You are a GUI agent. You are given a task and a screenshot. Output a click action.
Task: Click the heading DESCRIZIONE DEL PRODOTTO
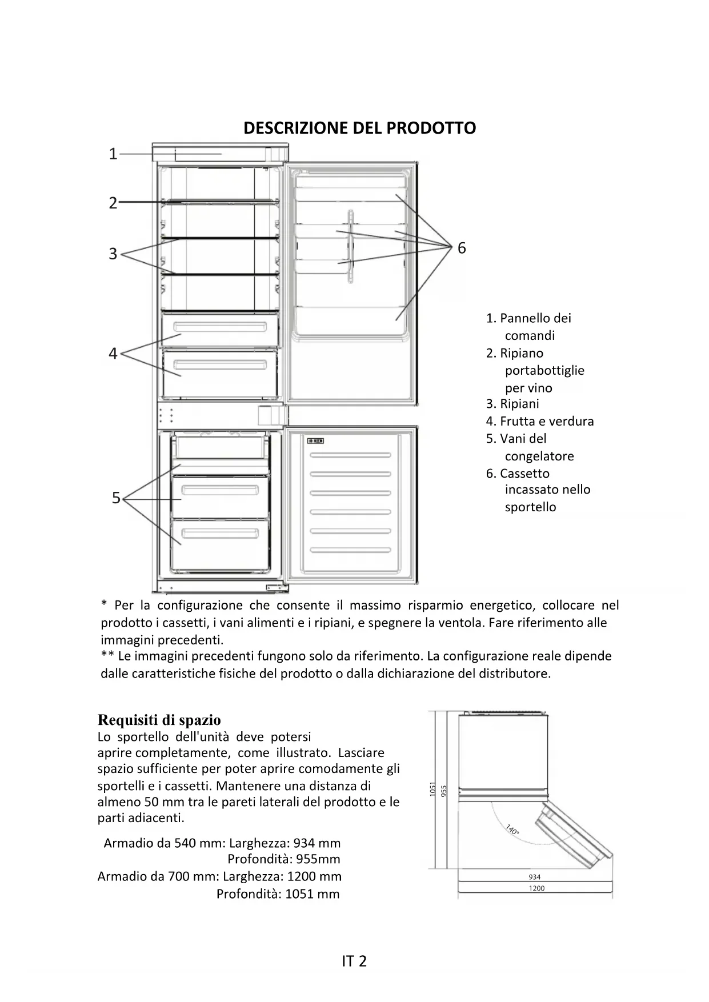(359, 128)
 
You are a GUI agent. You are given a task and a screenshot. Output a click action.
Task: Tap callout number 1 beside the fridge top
(113, 154)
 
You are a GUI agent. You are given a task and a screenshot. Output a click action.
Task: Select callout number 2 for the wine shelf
(113, 203)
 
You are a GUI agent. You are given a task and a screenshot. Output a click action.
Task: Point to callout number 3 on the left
(113, 254)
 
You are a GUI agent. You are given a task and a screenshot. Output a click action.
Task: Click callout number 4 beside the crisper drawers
(113, 354)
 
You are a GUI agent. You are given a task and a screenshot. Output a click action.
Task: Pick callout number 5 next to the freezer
(116, 498)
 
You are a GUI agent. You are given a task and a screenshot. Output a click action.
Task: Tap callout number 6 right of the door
(462, 248)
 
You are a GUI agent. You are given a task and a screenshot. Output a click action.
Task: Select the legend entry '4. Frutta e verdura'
(540, 421)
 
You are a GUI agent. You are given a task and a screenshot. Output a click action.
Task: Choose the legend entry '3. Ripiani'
(512, 404)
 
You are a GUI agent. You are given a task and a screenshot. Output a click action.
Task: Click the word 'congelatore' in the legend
(539, 456)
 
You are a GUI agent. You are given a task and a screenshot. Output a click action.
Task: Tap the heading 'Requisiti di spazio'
(159, 720)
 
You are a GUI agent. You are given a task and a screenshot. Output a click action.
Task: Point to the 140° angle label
(512, 829)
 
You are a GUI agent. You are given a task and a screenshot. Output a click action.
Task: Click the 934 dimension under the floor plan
(535, 877)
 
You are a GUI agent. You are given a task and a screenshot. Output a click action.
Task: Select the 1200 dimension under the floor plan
(536, 888)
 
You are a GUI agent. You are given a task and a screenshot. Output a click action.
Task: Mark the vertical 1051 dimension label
(432, 789)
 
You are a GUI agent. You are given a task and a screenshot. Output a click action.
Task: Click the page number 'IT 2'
(354, 961)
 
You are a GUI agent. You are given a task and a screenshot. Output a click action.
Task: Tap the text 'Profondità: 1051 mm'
(278, 894)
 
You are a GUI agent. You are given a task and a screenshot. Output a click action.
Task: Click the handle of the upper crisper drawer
(221, 328)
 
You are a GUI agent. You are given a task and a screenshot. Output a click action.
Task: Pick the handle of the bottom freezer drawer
(221, 534)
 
